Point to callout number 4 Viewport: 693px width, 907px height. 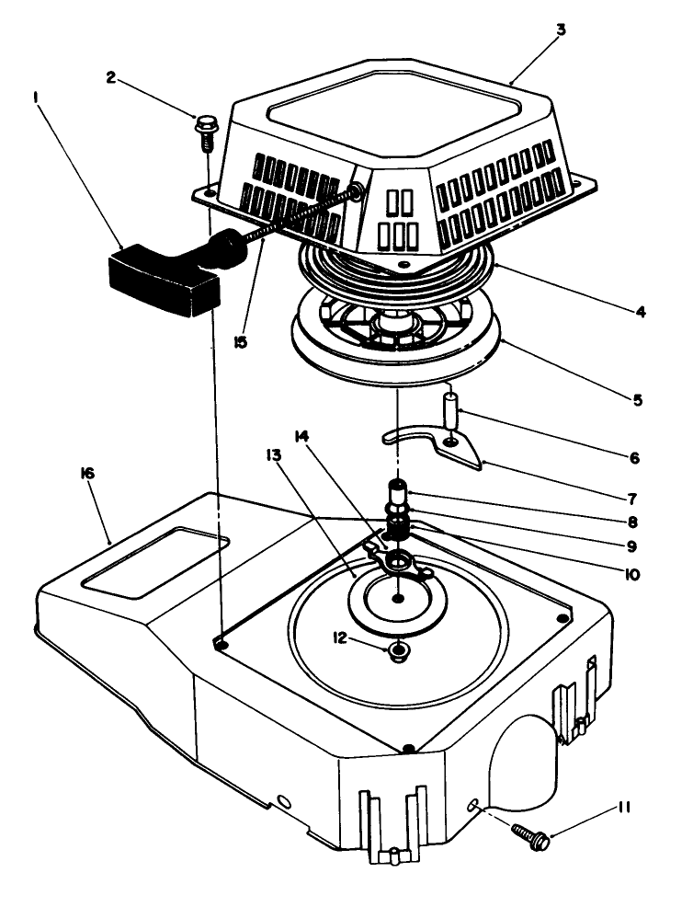tap(640, 312)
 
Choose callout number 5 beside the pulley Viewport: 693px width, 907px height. tap(638, 400)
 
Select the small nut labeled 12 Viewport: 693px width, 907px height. tap(399, 652)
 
